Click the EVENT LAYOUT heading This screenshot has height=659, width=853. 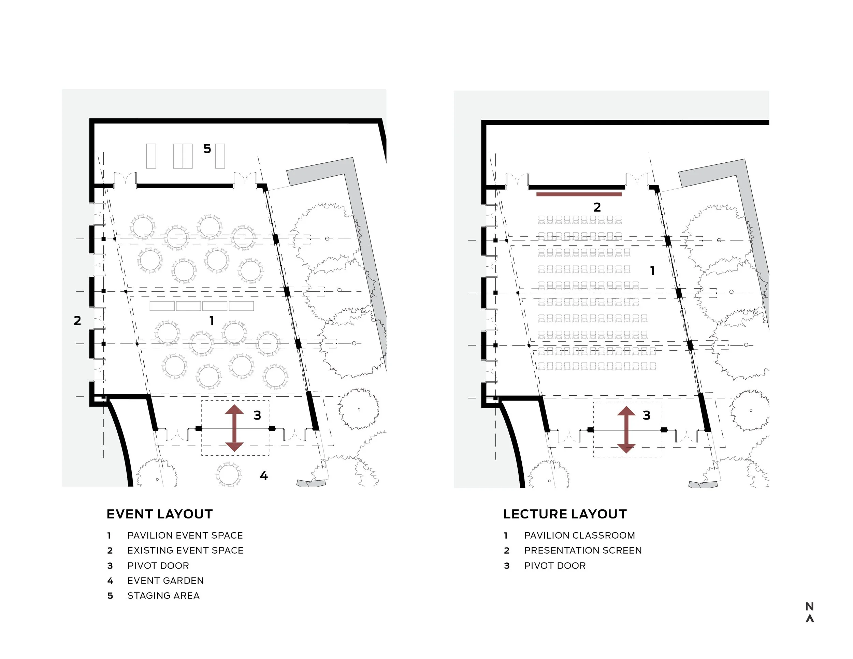(159, 514)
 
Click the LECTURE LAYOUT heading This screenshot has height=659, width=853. (565, 514)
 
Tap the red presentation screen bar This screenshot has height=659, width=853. (579, 194)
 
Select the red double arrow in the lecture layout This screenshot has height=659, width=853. (626, 429)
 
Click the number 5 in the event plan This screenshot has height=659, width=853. (207, 149)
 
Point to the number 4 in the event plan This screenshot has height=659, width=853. (264, 475)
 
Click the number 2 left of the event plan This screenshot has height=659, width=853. (77, 321)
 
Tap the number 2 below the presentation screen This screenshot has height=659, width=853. (597, 207)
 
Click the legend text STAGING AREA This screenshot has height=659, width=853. (163, 596)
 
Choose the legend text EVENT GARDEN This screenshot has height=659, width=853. (165, 581)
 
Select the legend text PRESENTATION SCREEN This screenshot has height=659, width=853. (583, 551)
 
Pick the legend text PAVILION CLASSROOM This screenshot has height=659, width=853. (579, 535)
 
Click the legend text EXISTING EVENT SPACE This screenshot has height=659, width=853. (185, 551)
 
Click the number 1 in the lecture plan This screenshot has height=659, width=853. (652, 271)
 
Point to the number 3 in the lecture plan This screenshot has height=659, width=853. (646, 415)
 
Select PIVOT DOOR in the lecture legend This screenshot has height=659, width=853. (554, 566)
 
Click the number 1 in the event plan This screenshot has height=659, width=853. (211, 321)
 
